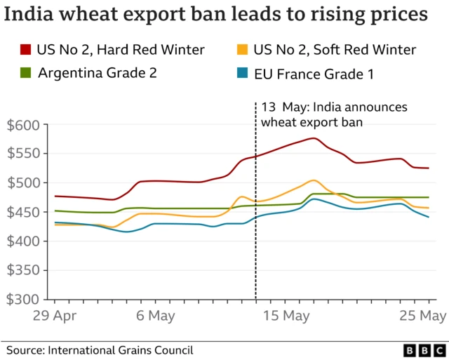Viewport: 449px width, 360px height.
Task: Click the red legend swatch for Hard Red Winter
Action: [26, 49]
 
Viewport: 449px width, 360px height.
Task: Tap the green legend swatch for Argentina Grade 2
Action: [26, 72]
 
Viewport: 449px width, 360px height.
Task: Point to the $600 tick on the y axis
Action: [25, 125]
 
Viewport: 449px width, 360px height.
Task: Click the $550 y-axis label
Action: [25, 154]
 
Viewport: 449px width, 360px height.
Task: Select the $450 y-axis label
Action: [25, 212]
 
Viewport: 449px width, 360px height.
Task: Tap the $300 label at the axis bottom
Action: [25, 299]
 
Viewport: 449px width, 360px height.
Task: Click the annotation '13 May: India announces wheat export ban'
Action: [333, 114]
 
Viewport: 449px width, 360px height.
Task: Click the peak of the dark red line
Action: [313, 138]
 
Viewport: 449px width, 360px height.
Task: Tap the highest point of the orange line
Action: [313, 180]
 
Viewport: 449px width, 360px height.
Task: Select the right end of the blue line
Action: [428, 217]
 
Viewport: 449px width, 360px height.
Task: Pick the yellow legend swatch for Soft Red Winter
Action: [243, 49]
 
